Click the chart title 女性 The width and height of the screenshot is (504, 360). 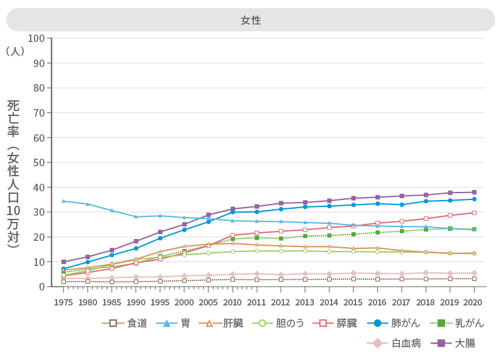pos(251,20)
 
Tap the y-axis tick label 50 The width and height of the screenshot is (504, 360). pos(39,162)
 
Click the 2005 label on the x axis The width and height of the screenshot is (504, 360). pos(208,302)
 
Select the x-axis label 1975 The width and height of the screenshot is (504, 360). pos(63,302)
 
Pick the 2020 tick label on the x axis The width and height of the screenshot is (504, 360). pos(474,302)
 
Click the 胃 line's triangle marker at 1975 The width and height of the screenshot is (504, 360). pos(63,201)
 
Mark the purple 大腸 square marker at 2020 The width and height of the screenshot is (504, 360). pos(474,192)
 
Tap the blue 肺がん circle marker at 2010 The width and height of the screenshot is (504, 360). pos(233,212)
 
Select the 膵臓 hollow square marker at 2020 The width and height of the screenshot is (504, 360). pos(474,213)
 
